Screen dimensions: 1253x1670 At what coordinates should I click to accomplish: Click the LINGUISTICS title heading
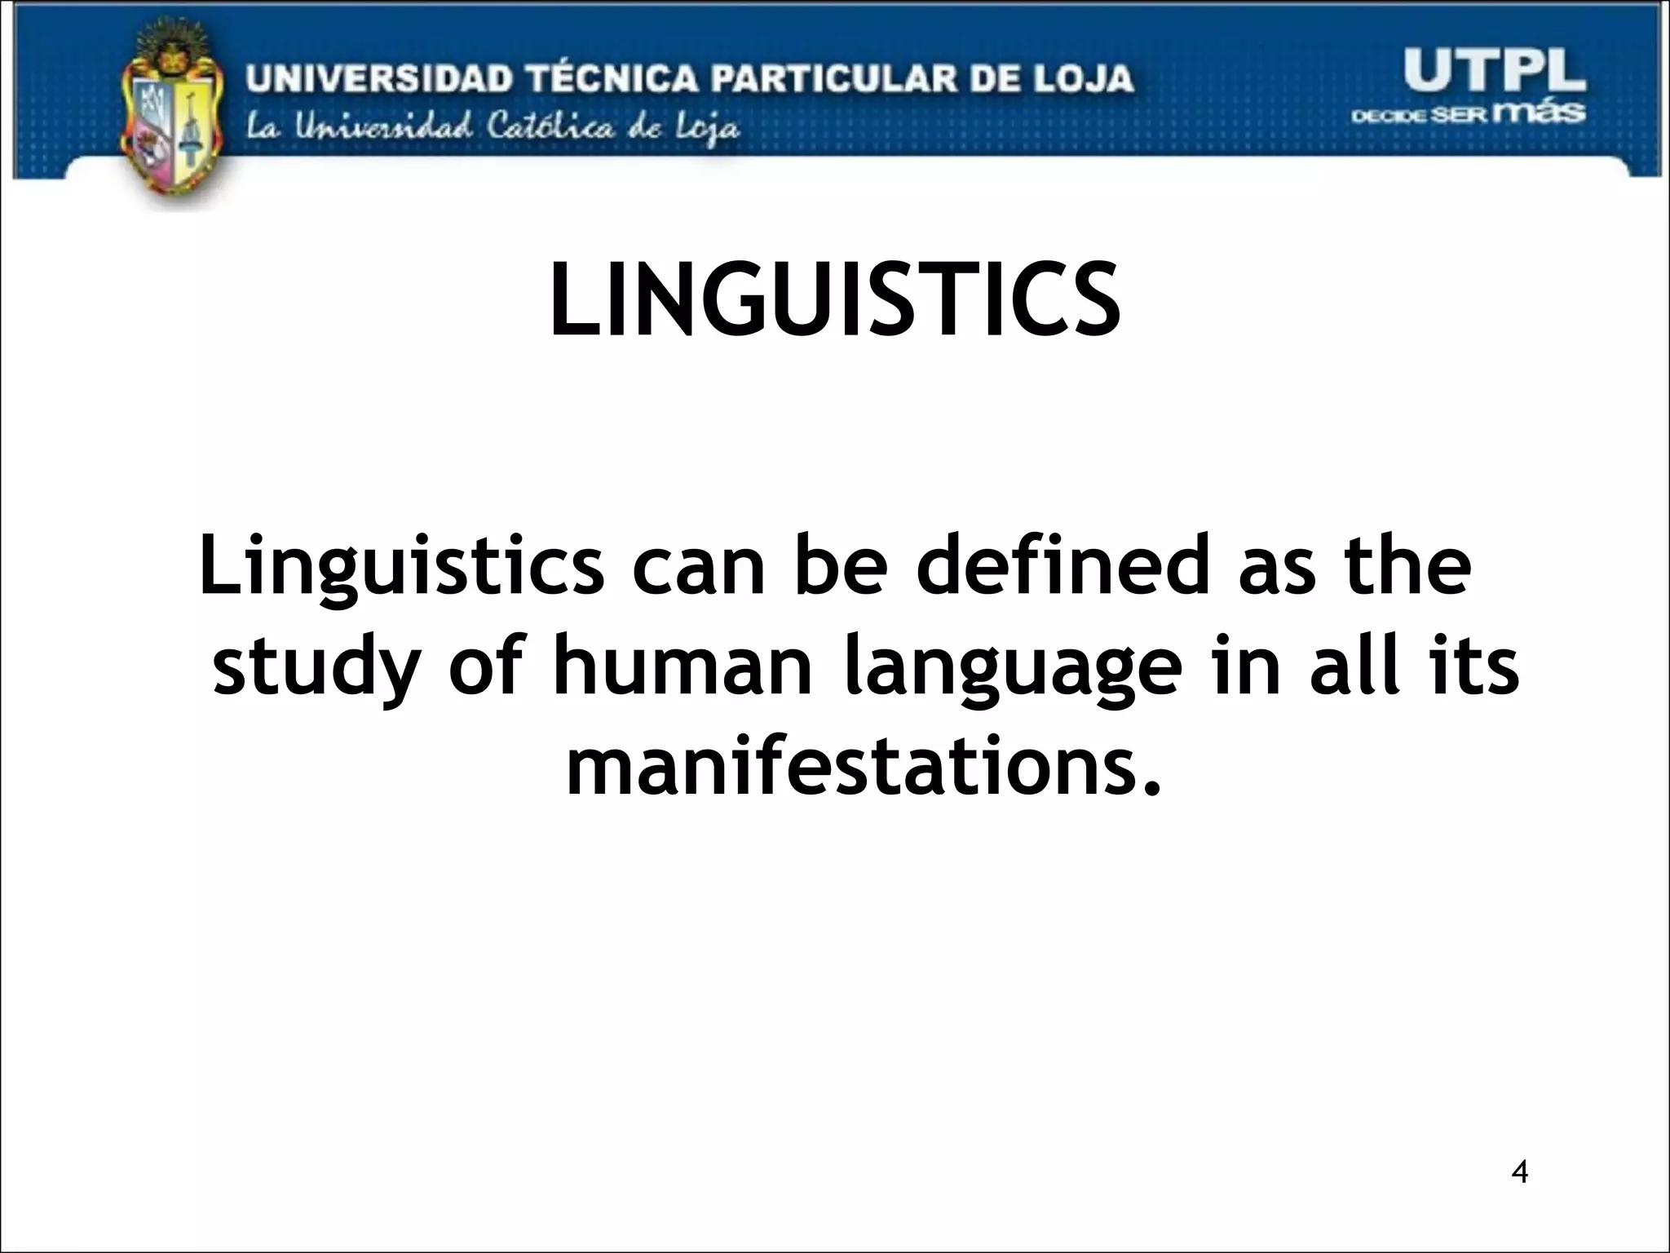[834, 299]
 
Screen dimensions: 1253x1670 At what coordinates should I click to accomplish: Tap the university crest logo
[170, 114]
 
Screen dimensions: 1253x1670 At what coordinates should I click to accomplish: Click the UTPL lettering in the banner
[1494, 72]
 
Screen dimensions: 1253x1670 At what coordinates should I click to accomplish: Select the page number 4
[1519, 1171]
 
